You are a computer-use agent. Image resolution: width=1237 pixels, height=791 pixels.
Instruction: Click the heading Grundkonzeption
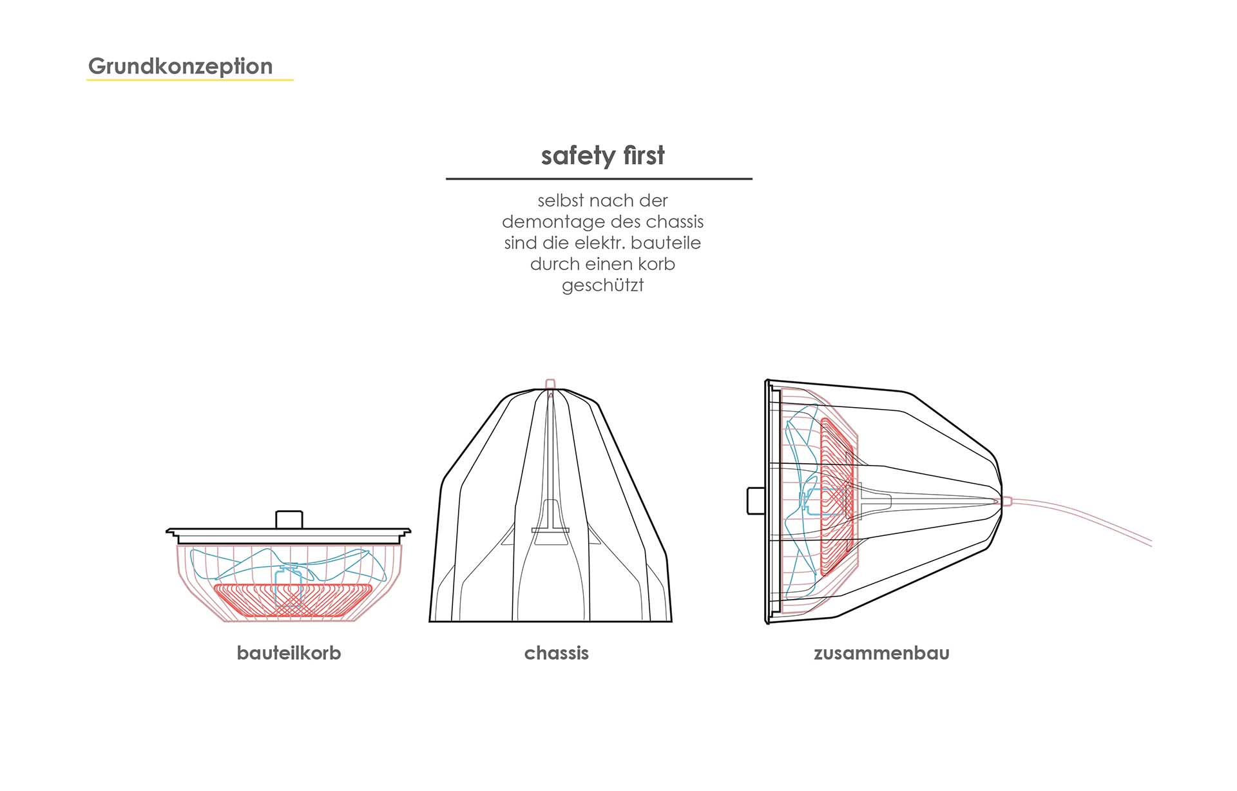(180, 66)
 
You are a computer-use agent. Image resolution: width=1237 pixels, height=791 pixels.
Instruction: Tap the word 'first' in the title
(644, 155)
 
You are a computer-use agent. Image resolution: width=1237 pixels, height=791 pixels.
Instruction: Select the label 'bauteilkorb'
(289, 653)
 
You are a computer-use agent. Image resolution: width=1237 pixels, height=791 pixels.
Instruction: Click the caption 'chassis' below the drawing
(556, 653)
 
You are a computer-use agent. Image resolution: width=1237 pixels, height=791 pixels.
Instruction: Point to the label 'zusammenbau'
(881, 653)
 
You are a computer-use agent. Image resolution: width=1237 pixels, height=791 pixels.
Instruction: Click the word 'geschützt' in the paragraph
(602, 285)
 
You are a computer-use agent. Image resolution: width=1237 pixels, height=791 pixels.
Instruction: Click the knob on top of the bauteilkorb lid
(289, 519)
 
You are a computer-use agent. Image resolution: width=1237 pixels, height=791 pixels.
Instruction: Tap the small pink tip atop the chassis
(550, 383)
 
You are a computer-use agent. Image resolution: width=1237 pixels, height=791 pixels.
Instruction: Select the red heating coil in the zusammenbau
(836, 496)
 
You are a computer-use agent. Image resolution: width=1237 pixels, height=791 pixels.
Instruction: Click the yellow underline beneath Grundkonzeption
(190, 80)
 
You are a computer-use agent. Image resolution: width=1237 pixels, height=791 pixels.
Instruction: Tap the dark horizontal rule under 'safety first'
(599, 178)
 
